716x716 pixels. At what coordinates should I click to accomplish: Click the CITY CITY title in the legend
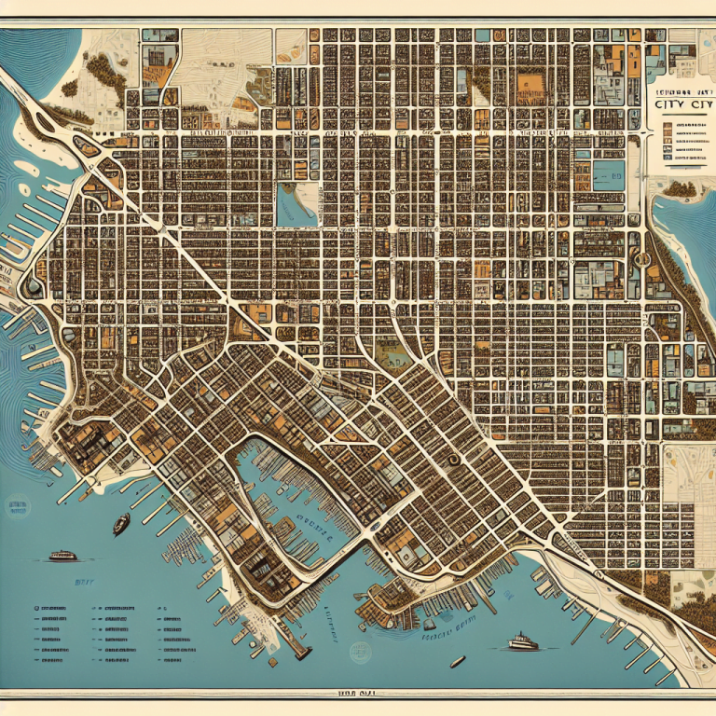[679, 105]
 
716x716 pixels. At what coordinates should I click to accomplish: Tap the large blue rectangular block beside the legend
[609, 174]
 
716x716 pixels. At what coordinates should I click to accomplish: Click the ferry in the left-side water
[62, 556]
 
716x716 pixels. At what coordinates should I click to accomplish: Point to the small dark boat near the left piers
[121, 525]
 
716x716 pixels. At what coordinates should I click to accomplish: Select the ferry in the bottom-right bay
[523, 641]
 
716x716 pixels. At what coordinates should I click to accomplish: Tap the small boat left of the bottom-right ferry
[457, 662]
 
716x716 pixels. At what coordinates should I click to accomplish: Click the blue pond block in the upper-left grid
[297, 204]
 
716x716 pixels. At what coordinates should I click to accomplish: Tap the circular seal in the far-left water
[34, 288]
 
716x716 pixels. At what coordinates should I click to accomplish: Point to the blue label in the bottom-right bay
[447, 623]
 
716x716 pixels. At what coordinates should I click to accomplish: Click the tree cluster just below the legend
[679, 188]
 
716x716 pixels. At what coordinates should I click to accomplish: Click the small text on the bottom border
[358, 693]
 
